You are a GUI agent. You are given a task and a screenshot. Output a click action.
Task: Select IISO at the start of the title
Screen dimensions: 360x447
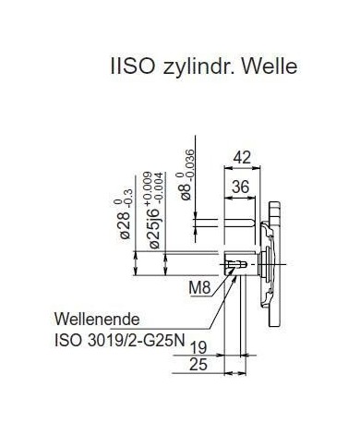coord(132,66)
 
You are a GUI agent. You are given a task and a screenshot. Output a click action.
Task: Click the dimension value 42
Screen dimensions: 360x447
coord(242,158)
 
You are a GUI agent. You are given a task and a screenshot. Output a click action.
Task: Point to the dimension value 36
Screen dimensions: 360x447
coord(240,187)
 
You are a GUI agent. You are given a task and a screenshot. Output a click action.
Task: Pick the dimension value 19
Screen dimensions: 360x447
coord(198,348)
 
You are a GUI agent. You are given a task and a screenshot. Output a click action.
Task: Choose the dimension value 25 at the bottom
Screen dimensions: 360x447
coord(198,365)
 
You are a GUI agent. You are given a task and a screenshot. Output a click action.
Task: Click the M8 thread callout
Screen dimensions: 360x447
coord(199,288)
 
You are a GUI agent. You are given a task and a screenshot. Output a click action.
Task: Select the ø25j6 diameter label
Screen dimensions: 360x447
coord(154,228)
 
